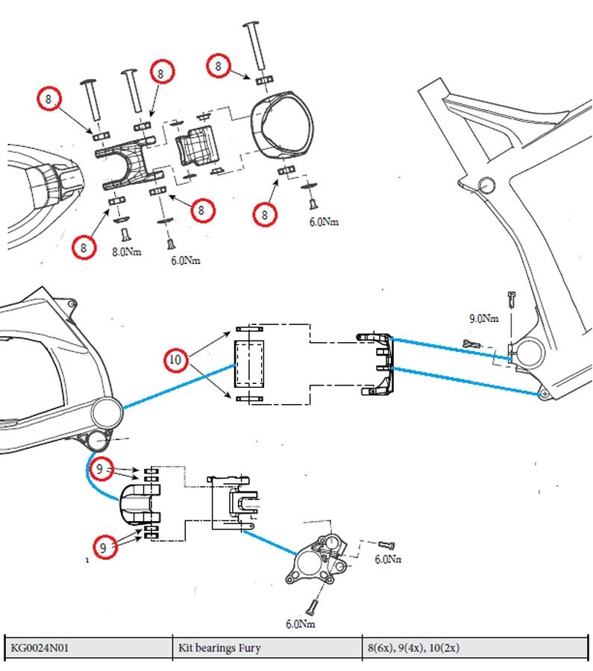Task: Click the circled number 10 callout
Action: [175, 359]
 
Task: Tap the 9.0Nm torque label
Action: [483, 318]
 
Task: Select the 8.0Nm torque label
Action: [126, 252]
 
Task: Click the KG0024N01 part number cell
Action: [40, 647]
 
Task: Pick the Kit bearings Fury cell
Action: [219, 648]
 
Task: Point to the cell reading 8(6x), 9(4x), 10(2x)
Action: [413, 648]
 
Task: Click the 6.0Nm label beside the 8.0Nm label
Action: [186, 260]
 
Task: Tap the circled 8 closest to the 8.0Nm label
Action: [84, 248]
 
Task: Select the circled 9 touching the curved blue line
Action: [99, 469]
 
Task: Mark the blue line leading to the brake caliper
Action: [270, 543]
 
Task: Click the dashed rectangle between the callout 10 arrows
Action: [249, 363]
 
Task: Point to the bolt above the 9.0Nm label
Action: [512, 299]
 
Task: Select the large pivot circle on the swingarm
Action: [106, 412]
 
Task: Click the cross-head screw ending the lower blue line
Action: [545, 393]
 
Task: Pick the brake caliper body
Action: [316, 561]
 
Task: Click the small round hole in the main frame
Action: [486, 186]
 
